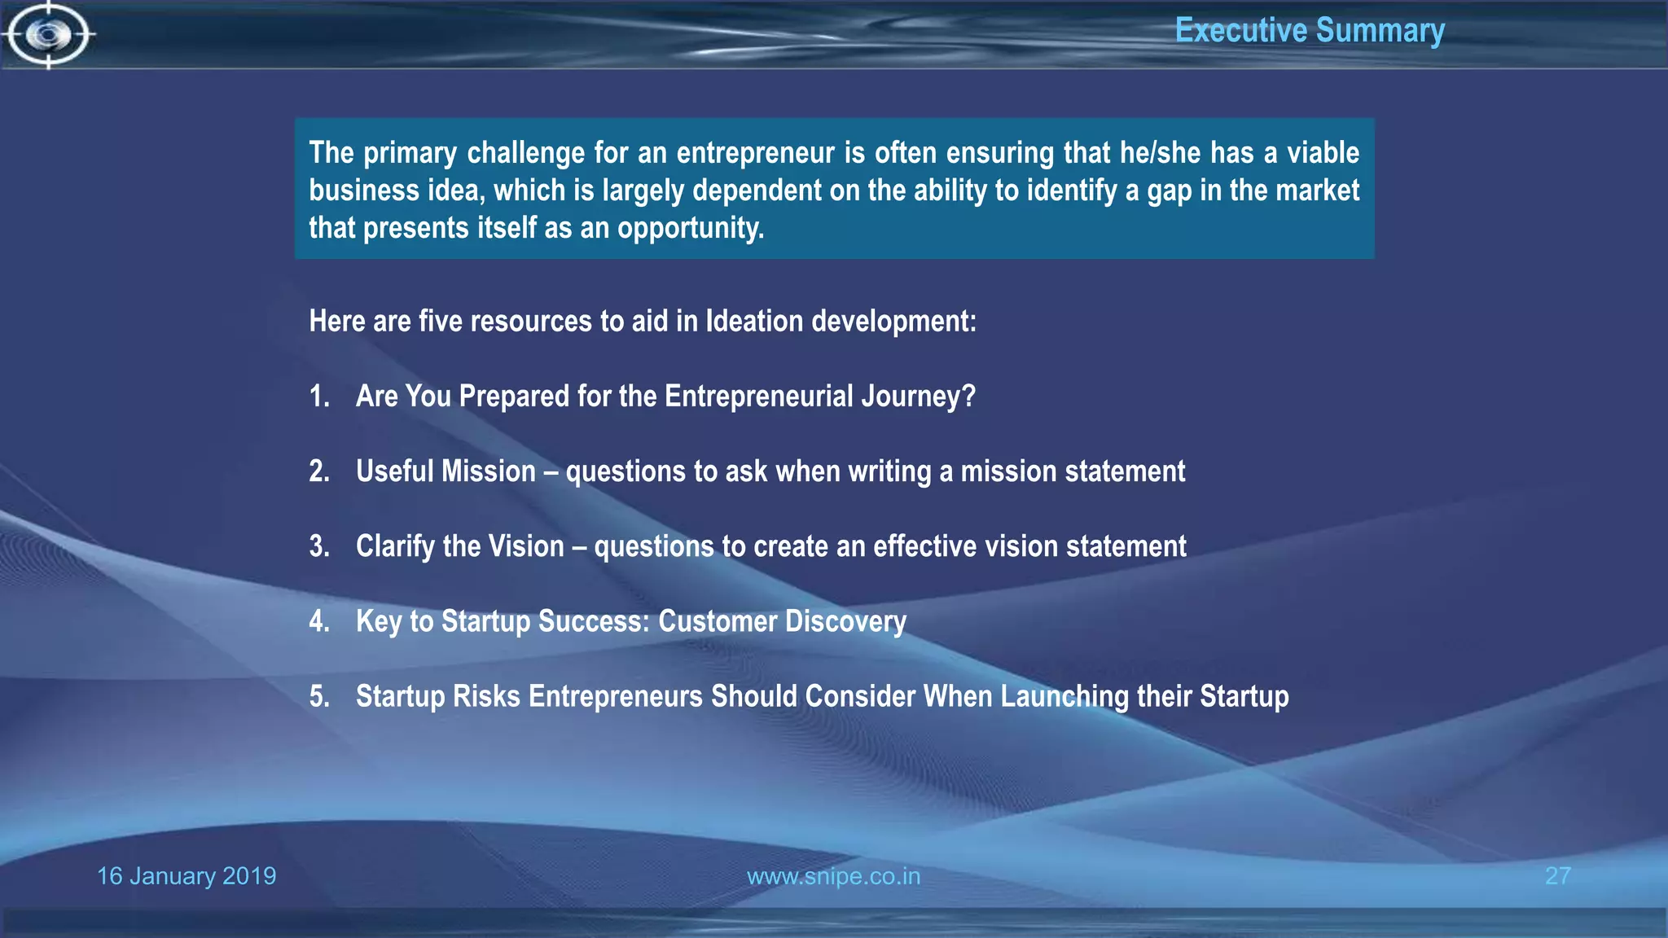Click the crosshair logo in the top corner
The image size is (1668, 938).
49,35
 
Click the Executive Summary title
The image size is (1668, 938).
1309,31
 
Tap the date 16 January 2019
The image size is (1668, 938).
187,876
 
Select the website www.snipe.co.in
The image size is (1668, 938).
833,876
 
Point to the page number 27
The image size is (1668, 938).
1557,876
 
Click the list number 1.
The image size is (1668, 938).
318,397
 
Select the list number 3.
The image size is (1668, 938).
318,546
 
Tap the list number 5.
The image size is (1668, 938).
318,697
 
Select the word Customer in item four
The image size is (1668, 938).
718,621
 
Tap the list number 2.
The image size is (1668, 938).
318,471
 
